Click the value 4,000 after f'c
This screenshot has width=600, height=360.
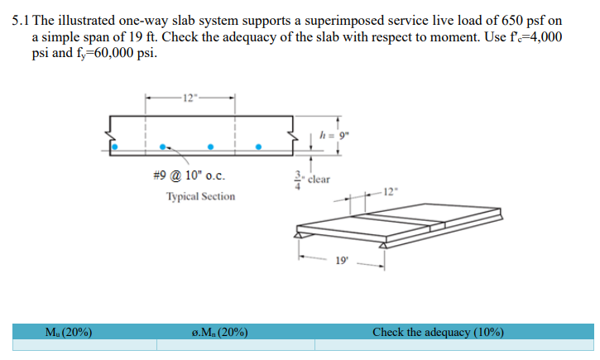(544, 37)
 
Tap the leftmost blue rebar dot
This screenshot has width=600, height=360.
(115, 147)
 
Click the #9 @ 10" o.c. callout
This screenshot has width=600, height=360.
(189, 175)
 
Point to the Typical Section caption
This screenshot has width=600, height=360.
(200, 197)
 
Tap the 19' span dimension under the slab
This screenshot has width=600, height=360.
(341, 261)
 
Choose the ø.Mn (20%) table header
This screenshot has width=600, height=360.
(218, 332)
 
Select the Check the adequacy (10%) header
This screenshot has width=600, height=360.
(438, 332)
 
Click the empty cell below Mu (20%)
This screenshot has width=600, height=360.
(79, 345)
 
